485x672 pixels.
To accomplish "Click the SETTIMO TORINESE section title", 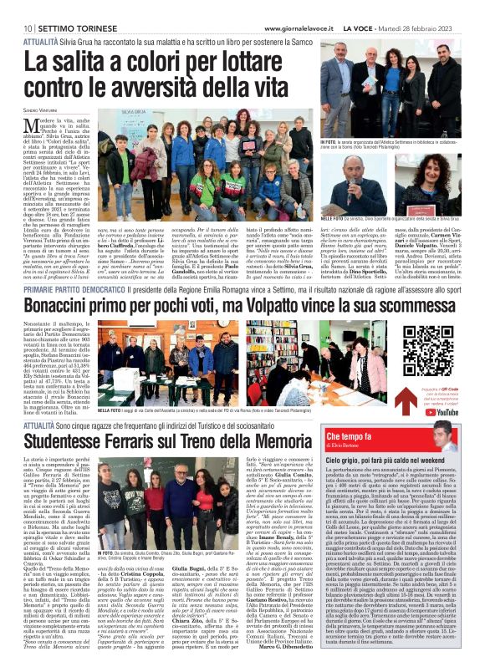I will [70, 8].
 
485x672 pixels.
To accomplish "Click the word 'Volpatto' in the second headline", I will [272, 308].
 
